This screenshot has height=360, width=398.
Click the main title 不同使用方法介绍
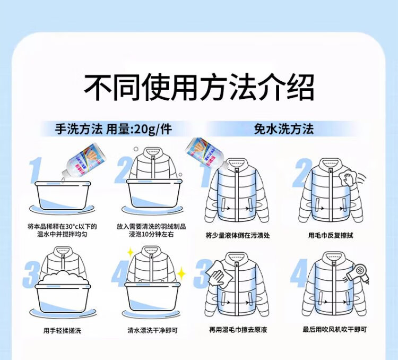(x=199, y=88)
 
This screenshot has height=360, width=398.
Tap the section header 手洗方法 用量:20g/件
(x=114, y=129)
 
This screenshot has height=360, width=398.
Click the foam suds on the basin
(x=63, y=280)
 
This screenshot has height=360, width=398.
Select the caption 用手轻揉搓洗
(x=63, y=330)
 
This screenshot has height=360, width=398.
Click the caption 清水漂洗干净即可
(x=152, y=330)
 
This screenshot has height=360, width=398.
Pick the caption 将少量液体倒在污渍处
(x=237, y=235)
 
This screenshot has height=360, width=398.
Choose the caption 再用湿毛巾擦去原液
(x=237, y=330)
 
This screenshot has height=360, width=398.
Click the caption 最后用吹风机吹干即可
(x=335, y=330)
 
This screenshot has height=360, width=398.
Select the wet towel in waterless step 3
(x=217, y=274)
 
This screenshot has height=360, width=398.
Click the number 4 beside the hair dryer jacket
(x=299, y=276)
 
